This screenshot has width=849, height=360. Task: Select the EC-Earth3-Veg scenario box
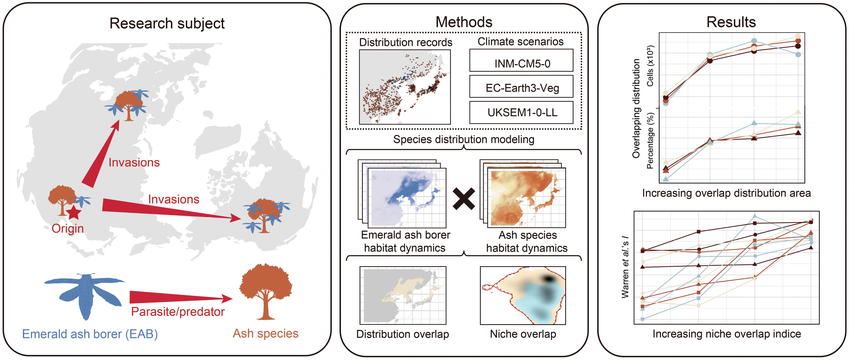[521, 87]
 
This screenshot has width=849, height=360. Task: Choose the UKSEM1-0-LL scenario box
[521, 112]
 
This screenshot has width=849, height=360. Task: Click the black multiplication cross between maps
[464, 199]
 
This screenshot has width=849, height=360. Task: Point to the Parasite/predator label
[178, 312]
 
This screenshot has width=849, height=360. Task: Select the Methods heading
[464, 22]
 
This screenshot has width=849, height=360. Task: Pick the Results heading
[731, 22]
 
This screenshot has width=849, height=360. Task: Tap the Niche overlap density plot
[523, 295]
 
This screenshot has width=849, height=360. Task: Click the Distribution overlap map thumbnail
[403, 295]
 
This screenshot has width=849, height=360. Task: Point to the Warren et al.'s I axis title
[625, 267]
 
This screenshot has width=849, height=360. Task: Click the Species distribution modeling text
[464, 140]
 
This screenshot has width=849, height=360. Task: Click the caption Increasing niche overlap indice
[727, 334]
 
